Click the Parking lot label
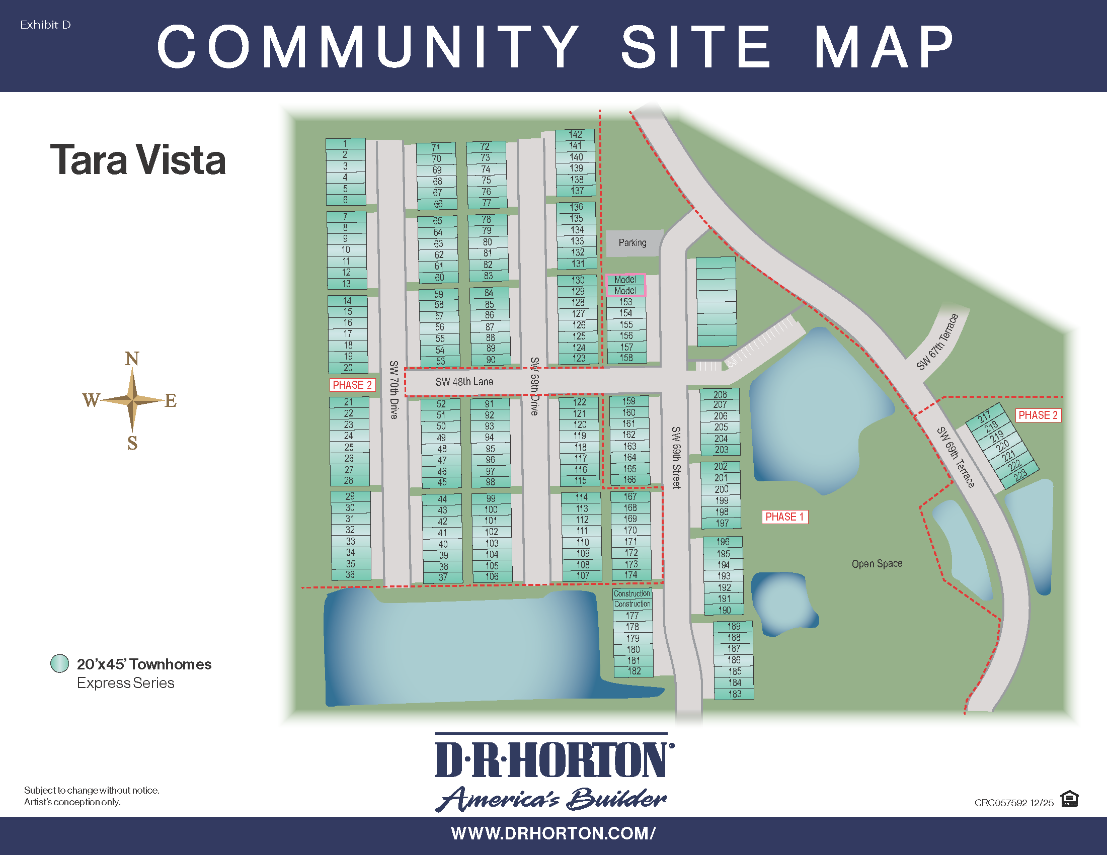point(632,242)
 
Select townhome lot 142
point(575,134)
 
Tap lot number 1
point(345,143)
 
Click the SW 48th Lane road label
point(464,381)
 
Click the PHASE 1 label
point(784,517)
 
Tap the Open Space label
point(877,563)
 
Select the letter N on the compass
point(132,359)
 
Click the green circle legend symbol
point(60,663)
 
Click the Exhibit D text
point(45,25)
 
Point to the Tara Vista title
point(138,159)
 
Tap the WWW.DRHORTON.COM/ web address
point(553,833)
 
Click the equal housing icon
point(1069,799)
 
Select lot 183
point(735,694)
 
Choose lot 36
point(350,574)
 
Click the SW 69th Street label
point(676,457)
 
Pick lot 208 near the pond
point(720,394)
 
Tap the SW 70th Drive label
point(394,389)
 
